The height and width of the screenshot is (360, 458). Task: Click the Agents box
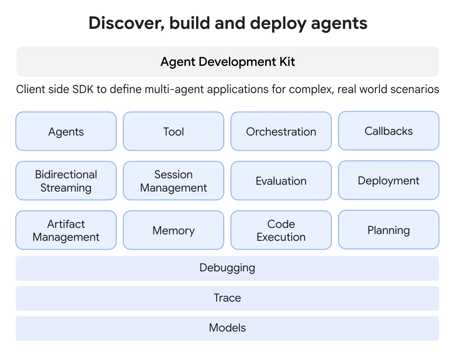66,131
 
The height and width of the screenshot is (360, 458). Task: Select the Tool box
173,131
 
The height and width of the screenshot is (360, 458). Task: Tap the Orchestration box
281,131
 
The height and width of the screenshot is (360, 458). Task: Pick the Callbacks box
388,131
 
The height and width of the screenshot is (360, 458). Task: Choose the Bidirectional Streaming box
66,181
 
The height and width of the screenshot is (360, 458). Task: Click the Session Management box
173,181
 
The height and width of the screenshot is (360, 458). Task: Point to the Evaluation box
281,181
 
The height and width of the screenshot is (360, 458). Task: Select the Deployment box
388,180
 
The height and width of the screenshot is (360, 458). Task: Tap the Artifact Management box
66,230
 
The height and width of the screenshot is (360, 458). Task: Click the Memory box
173,230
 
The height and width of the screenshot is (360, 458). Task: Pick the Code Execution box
281,230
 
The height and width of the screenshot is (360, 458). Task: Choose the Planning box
388,230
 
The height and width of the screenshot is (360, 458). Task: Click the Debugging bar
227,268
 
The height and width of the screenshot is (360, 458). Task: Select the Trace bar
227,298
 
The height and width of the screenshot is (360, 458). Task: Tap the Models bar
227,328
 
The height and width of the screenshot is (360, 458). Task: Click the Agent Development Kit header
227,61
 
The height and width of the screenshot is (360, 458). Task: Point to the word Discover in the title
127,23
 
